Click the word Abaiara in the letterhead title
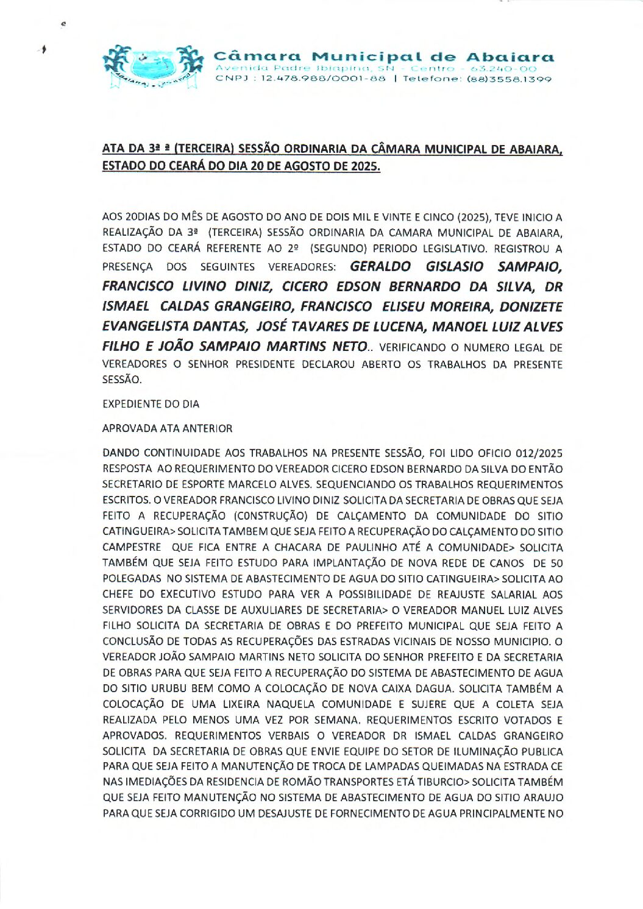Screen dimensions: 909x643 (x=510, y=57)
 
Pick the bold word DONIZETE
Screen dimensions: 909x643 (x=531, y=307)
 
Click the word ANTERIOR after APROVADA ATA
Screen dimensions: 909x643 (x=207, y=428)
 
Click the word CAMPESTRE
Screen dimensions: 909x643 (x=132, y=547)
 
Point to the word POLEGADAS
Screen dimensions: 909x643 (x=132, y=579)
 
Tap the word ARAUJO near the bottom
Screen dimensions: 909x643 (x=544, y=798)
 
